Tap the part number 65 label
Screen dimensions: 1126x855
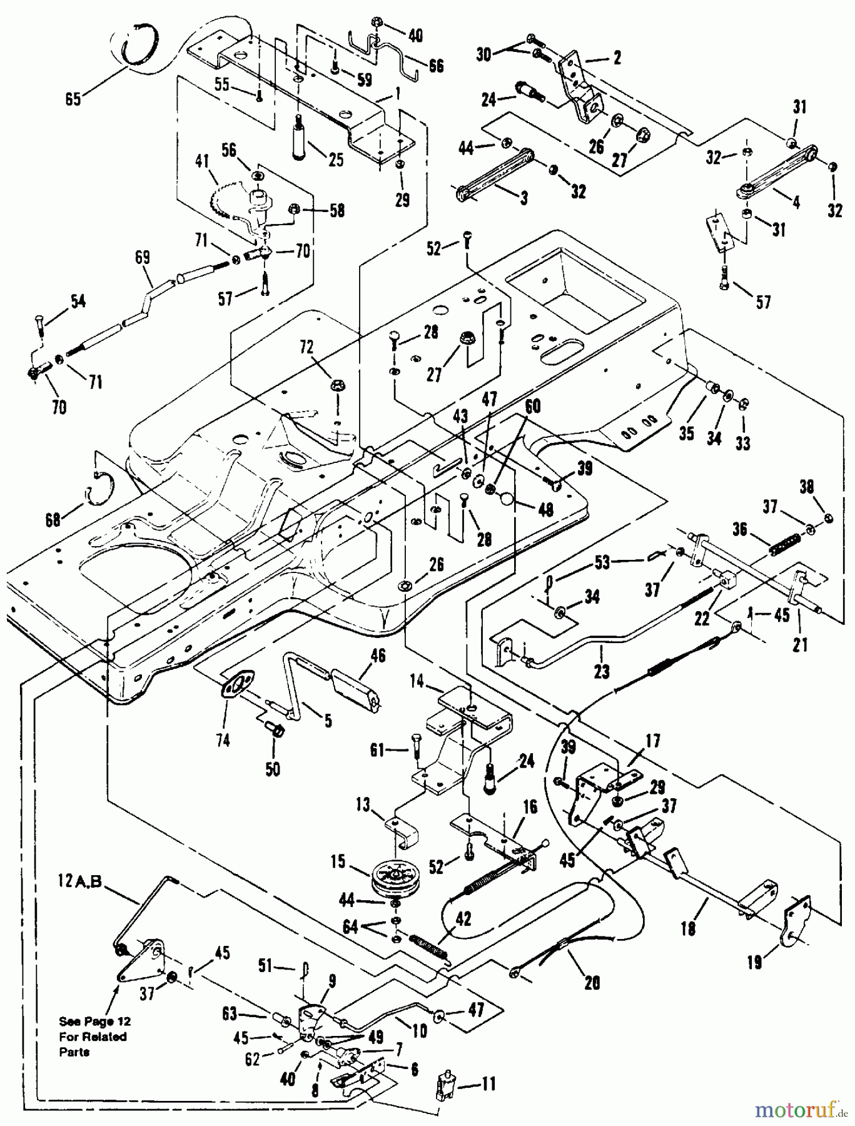tap(73, 99)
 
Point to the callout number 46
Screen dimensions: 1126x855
tap(378, 655)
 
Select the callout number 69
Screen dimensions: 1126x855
tap(143, 257)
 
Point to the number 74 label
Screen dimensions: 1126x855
tap(223, 740)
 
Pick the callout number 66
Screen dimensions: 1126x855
tap(436, 64)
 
